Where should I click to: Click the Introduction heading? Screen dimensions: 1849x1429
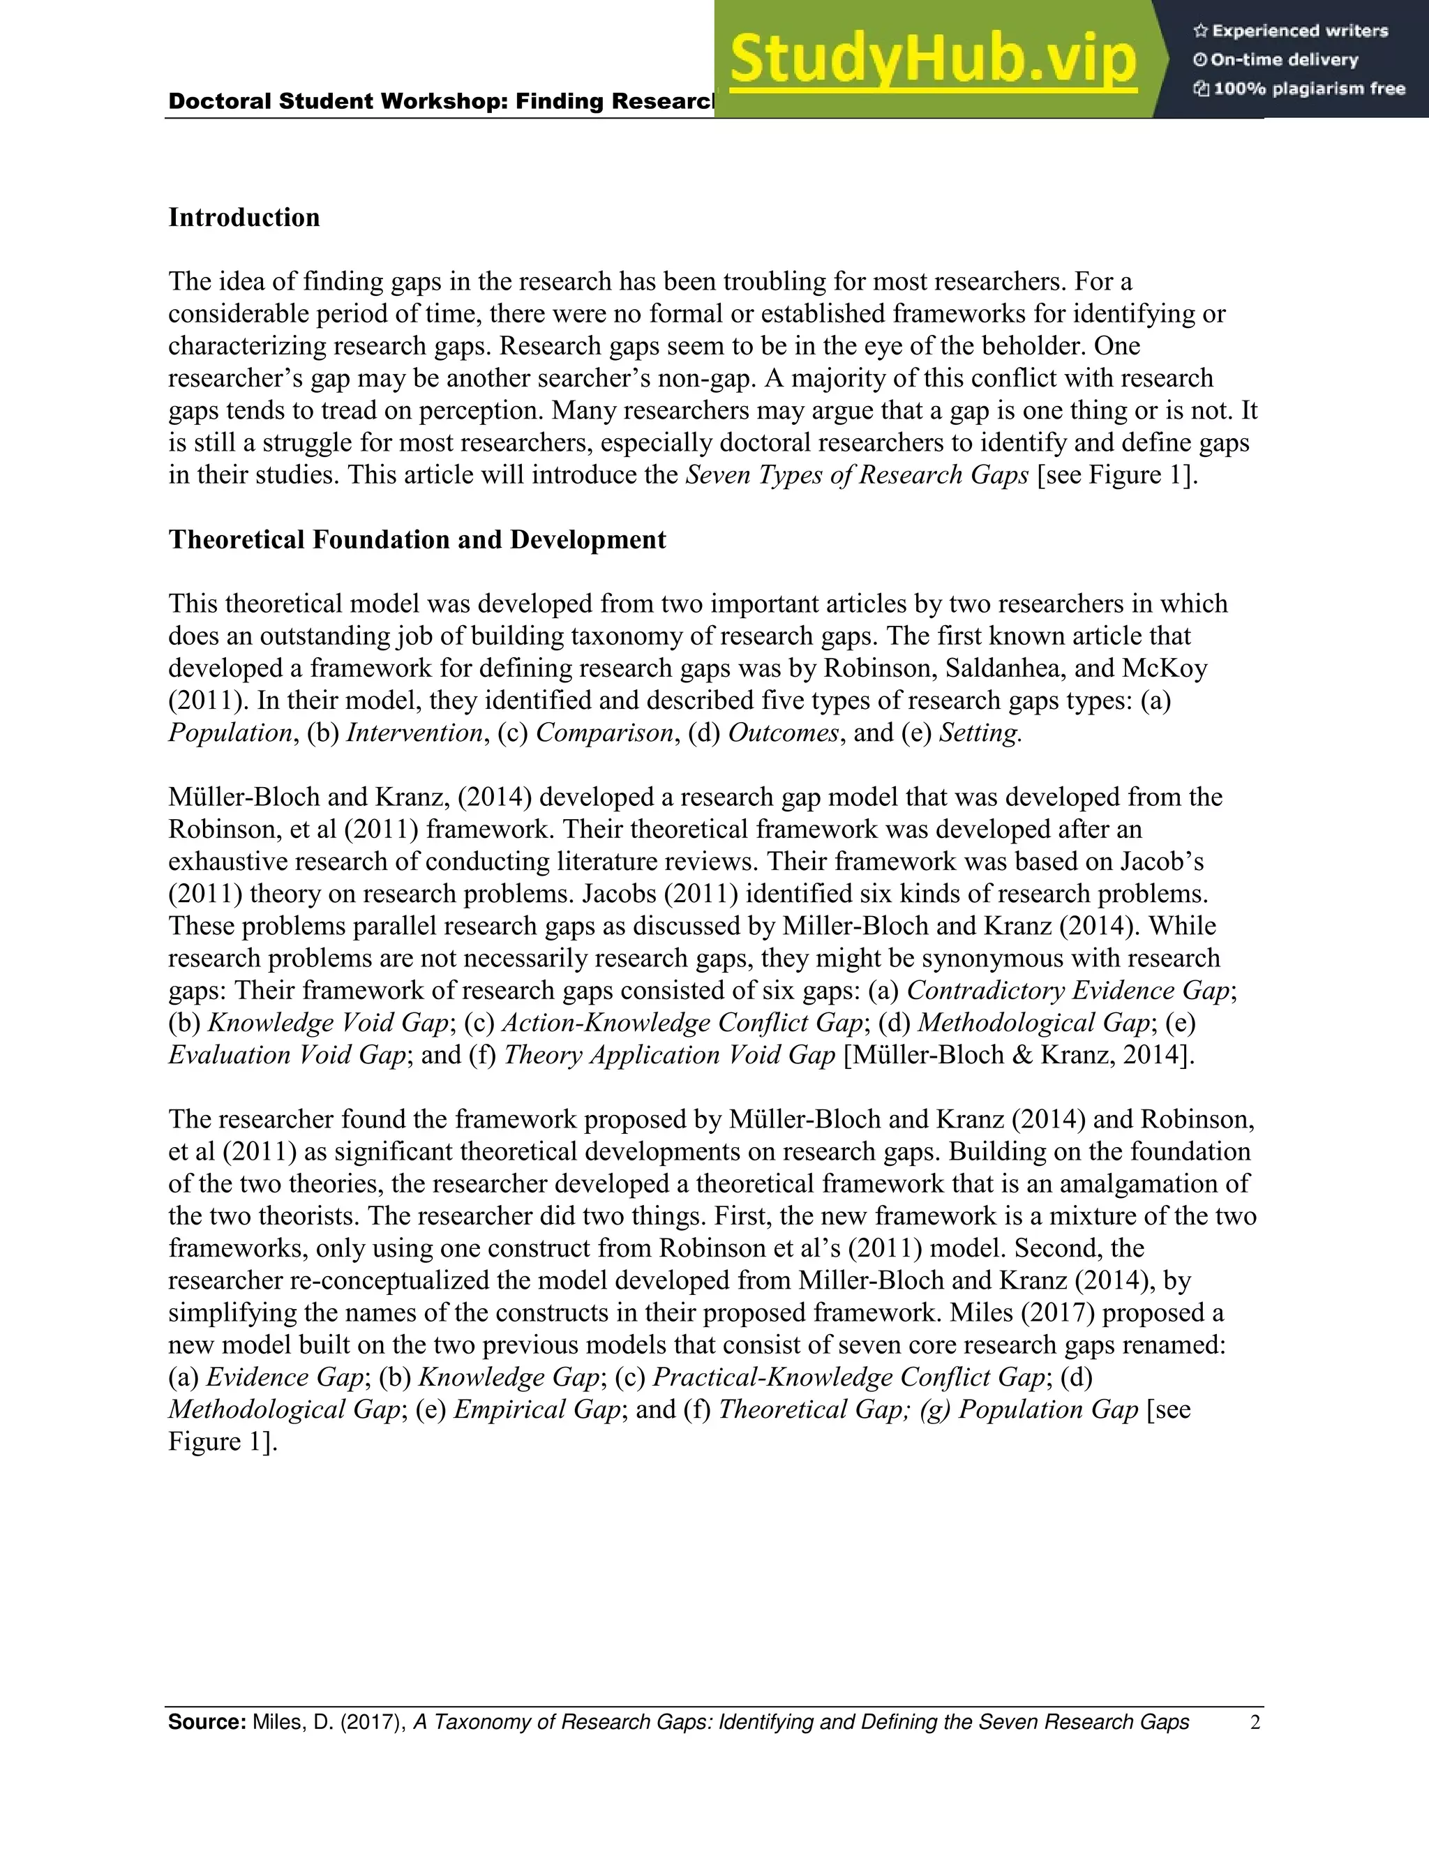244,218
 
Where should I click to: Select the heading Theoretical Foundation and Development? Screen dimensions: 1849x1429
417,540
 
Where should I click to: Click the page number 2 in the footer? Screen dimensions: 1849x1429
1255,1723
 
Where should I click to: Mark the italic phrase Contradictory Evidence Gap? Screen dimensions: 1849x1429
1068,991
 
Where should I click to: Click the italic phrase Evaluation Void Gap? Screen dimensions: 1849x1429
287,1055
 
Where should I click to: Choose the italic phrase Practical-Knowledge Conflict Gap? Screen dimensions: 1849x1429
849,1377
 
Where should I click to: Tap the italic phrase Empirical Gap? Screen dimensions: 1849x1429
537,1409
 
